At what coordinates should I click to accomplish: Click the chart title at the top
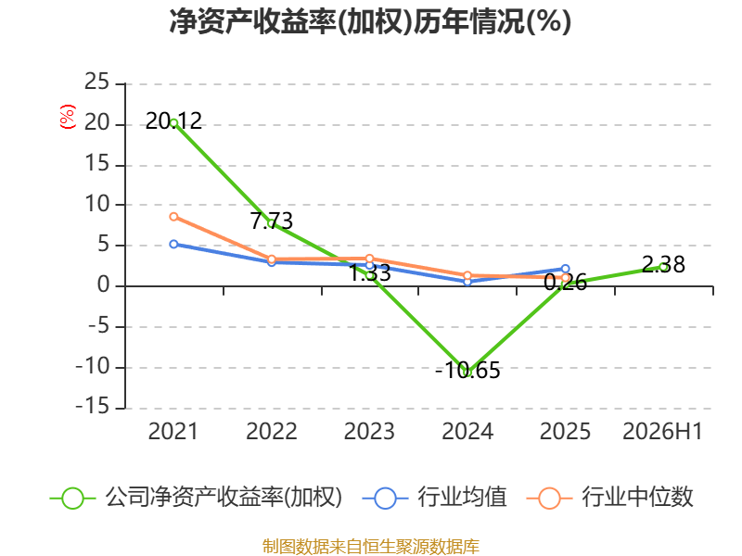370,21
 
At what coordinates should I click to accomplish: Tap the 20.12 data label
173,121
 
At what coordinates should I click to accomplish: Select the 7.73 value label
272,221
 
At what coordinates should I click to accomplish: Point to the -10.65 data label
467,370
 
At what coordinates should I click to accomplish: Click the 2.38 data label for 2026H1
663,264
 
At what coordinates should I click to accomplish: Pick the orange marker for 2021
173,217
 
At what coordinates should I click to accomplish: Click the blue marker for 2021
173,244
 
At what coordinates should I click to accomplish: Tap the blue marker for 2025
566,269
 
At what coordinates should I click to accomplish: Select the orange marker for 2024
467,275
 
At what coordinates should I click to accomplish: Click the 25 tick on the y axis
97,82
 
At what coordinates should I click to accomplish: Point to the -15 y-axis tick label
93,407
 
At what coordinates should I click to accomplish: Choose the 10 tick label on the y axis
97,204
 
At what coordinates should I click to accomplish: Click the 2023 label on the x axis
369,431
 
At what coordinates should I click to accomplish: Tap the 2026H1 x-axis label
662,431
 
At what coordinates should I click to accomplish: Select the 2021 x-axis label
173,431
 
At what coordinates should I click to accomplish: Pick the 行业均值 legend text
462,497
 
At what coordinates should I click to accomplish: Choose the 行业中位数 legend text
637,497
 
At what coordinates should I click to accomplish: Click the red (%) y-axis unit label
67,117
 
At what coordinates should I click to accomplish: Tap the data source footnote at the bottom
370,547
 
